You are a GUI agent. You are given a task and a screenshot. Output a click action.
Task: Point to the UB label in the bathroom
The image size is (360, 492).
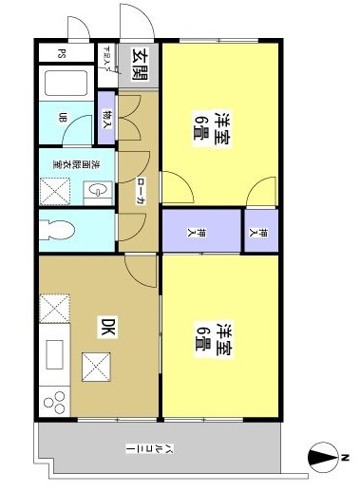65,118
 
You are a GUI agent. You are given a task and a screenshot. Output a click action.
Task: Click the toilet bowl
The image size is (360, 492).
61,230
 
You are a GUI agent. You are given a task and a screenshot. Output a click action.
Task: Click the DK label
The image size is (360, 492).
108,328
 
